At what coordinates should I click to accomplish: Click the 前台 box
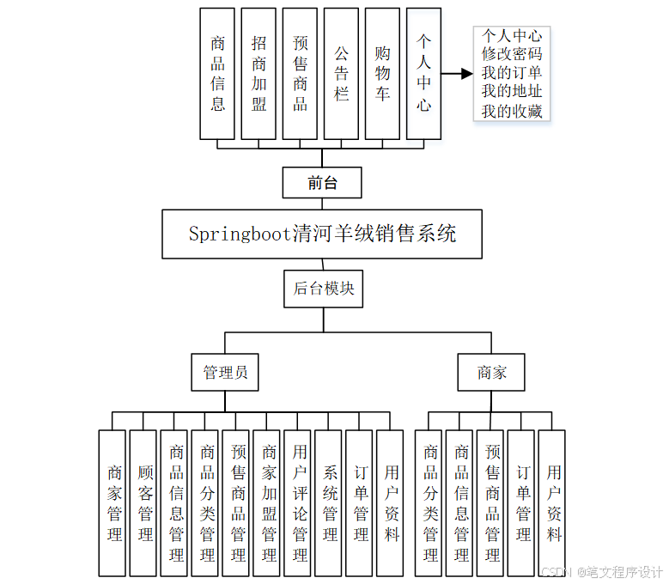(322, 183)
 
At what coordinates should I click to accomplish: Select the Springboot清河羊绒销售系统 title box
(322, 234)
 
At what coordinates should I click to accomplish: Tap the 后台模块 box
(324, 289)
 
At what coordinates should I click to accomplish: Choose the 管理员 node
(225, 373)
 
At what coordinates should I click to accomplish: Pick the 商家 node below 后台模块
(492, 373)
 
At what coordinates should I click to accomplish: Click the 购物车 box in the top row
(382, 74)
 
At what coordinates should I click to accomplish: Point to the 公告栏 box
(341, 74)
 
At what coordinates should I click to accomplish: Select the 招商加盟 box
(258, 74)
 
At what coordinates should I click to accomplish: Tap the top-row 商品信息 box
(217, 74)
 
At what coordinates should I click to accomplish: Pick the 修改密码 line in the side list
(512, 54)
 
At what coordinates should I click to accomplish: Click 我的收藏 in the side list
(512, 111)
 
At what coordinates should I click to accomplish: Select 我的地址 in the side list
(512, 92)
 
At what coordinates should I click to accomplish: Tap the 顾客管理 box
(143, 503)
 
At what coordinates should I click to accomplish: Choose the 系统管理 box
(329, 503)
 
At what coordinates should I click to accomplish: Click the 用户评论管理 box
(298, 503)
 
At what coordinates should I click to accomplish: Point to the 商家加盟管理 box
(267, 503)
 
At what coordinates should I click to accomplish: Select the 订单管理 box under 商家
(521, 503)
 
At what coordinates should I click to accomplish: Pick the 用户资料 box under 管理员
(391, 503)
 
